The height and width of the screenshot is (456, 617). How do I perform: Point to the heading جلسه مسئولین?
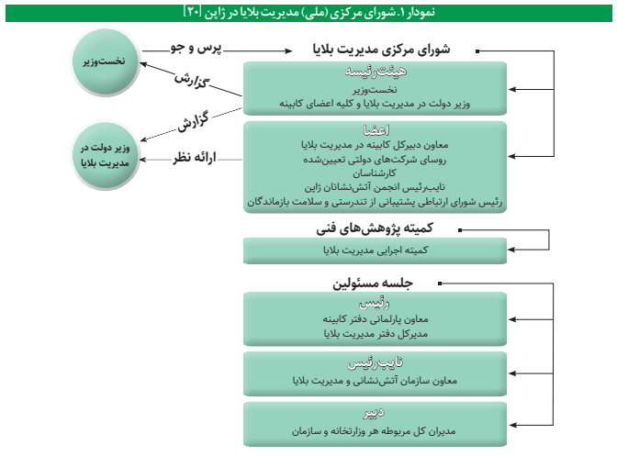[377, 284]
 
